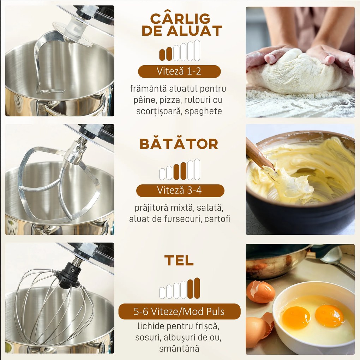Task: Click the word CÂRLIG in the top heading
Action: [x=180, y=18]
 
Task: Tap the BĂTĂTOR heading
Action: [x=179, y=144]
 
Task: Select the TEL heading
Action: [x=179, y=260]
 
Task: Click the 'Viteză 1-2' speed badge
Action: [x=179, y=71]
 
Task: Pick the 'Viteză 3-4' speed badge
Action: [x=180, y=191]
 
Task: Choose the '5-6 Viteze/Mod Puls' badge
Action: [x=180, y=312]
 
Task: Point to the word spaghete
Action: [x=203, y=111]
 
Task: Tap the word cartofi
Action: [x=217, y=219]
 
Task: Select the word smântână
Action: [x=179, y=349]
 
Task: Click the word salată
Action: [x=210, y=208]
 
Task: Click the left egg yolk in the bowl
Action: [x=296, y=317]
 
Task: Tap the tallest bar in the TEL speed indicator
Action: [x=197, y=288]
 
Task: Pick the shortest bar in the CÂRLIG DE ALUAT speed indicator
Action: [x=162, y=55]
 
